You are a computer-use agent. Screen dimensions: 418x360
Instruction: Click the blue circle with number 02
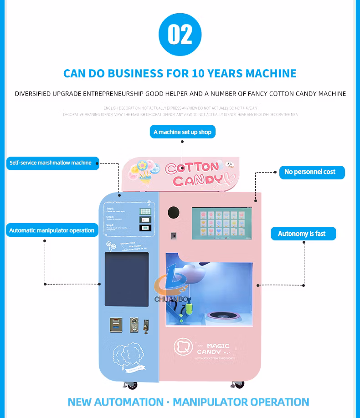(180, 35)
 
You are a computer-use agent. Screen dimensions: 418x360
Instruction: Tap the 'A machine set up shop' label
(182, 132)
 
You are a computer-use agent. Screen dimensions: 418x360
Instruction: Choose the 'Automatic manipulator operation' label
(52, 230)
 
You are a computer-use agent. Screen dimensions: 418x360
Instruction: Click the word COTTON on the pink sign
(192, 168)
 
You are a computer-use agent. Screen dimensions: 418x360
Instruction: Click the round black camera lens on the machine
(174, 212)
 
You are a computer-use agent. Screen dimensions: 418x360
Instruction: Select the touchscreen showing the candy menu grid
(222, 224)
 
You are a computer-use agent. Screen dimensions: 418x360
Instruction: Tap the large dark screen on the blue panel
(127, 279)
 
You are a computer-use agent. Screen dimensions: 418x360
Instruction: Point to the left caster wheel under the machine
(132, 385)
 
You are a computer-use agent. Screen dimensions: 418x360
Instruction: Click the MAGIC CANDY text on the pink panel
(214, 349)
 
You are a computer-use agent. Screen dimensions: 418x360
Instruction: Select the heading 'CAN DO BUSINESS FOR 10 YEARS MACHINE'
(180, 73)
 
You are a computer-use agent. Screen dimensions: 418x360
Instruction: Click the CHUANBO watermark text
(173, 299)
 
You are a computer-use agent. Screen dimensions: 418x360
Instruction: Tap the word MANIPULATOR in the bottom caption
(221, 402)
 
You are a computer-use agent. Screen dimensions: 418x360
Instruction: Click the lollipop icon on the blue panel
(109, 246)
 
